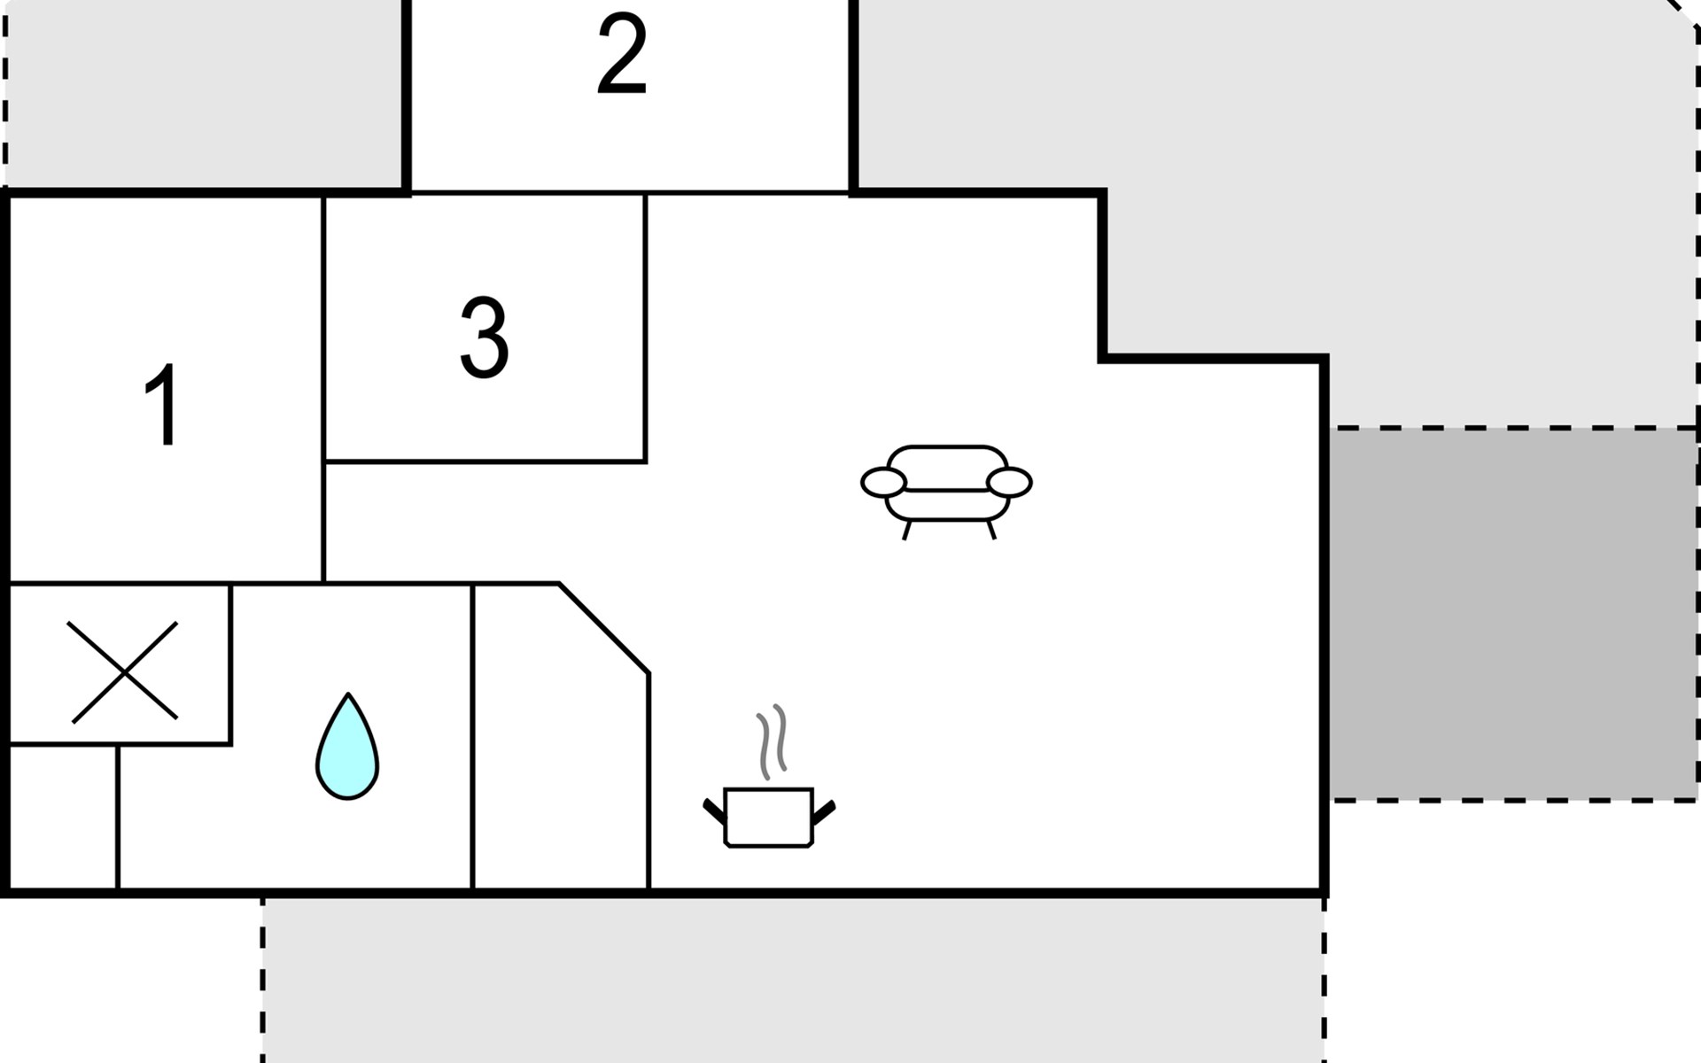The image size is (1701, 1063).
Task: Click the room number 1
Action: coord(163,406)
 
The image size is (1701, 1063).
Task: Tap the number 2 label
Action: coord(622,55)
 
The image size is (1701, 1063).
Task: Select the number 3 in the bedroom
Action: coord(484,338)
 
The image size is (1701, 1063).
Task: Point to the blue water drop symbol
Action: coord(347,749)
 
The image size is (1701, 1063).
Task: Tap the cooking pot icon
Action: coord(768,816)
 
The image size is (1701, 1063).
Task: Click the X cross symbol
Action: coord(123,671)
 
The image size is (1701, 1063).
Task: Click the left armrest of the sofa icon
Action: coord(883,483)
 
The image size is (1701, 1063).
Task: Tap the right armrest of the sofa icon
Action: coord(1009,483)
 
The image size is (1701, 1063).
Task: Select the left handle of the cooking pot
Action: coord(714,811)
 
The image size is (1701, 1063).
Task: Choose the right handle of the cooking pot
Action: coord(823,811)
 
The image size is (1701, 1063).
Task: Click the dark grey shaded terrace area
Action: coord(1513,615)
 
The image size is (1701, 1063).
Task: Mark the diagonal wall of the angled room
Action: coord(604,628)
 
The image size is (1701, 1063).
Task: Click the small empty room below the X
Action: coord(62,817)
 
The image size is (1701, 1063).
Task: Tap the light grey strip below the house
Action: coord(793,979)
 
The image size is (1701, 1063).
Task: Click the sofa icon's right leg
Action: coord(991,530)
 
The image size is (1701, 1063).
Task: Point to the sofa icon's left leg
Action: coord(906,530)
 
